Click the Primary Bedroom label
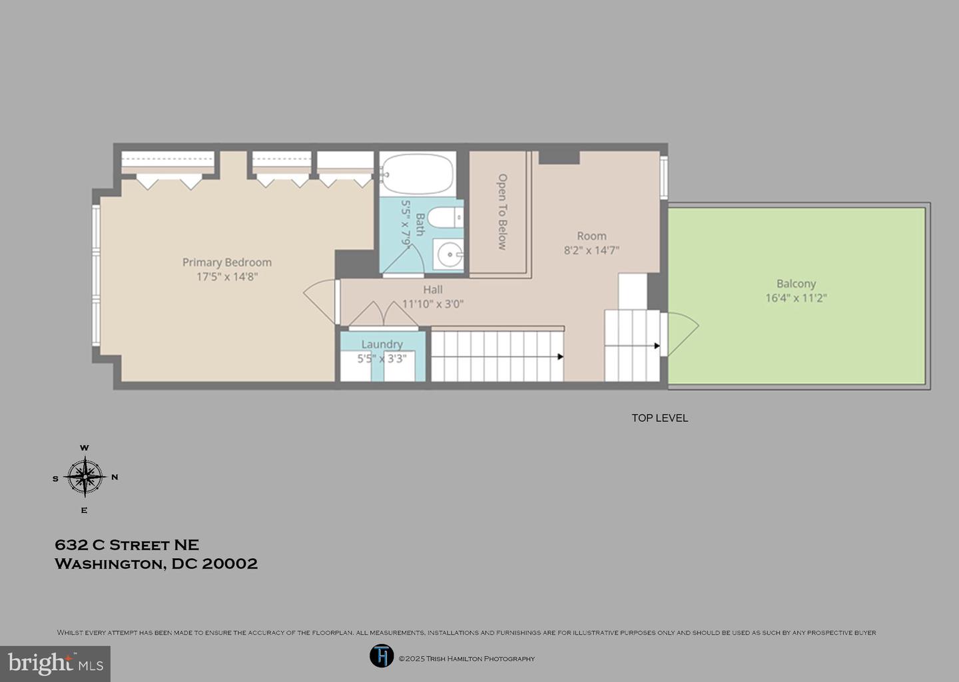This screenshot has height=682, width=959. tap(227, 262)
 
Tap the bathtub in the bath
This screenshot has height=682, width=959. tap(417, 174)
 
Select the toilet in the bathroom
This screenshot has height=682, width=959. tap(446, 218)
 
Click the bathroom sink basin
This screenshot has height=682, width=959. tap(448, 254)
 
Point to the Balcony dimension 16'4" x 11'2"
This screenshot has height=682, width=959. tap(796, 298)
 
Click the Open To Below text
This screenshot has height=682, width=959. tap(502, 212)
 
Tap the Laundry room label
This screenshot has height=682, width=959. tap(382, 344)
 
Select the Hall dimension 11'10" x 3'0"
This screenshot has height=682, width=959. tap(433, 304)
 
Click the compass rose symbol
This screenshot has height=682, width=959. tap(85, 477)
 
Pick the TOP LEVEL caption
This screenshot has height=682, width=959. tap(660, 418)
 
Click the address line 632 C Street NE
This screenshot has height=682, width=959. tap(127, 545)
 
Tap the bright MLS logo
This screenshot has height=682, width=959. tap(55, 663)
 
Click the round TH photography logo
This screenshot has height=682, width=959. tap(382, 656)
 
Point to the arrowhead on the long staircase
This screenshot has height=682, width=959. tap(561, 356)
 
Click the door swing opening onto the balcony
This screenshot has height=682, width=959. tap(683, 334)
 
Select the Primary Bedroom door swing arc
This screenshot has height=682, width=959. tap(319, 302)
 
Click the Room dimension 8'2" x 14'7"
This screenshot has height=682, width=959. tap(591, 250)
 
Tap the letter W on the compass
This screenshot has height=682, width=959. tap(85, 448)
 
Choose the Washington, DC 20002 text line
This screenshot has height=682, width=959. tap(157, 564)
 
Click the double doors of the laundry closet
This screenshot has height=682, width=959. tap(384, 314)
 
